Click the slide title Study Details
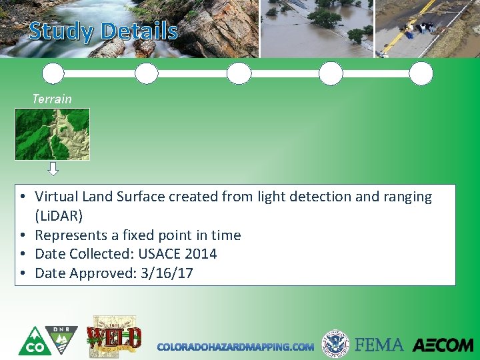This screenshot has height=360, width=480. (103, 31)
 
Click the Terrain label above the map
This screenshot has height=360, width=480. (52, 99)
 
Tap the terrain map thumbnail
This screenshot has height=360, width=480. (52, 134)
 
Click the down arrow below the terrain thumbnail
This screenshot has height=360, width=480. (53, 169)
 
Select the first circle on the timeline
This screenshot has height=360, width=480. (53, 73)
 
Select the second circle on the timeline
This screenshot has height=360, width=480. (146, 73)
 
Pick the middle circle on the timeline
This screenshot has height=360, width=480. (239, 73)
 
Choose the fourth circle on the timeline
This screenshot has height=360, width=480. (331, 73)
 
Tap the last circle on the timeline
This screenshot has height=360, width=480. (421, 73)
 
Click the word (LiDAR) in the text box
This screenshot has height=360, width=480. (59, 216)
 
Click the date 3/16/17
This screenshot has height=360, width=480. (167, 273)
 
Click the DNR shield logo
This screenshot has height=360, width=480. (62, 339)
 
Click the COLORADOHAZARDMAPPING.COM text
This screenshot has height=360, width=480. (235, 347)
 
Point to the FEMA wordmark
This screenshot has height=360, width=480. (379, 345)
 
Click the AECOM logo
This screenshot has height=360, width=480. (443, 345)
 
